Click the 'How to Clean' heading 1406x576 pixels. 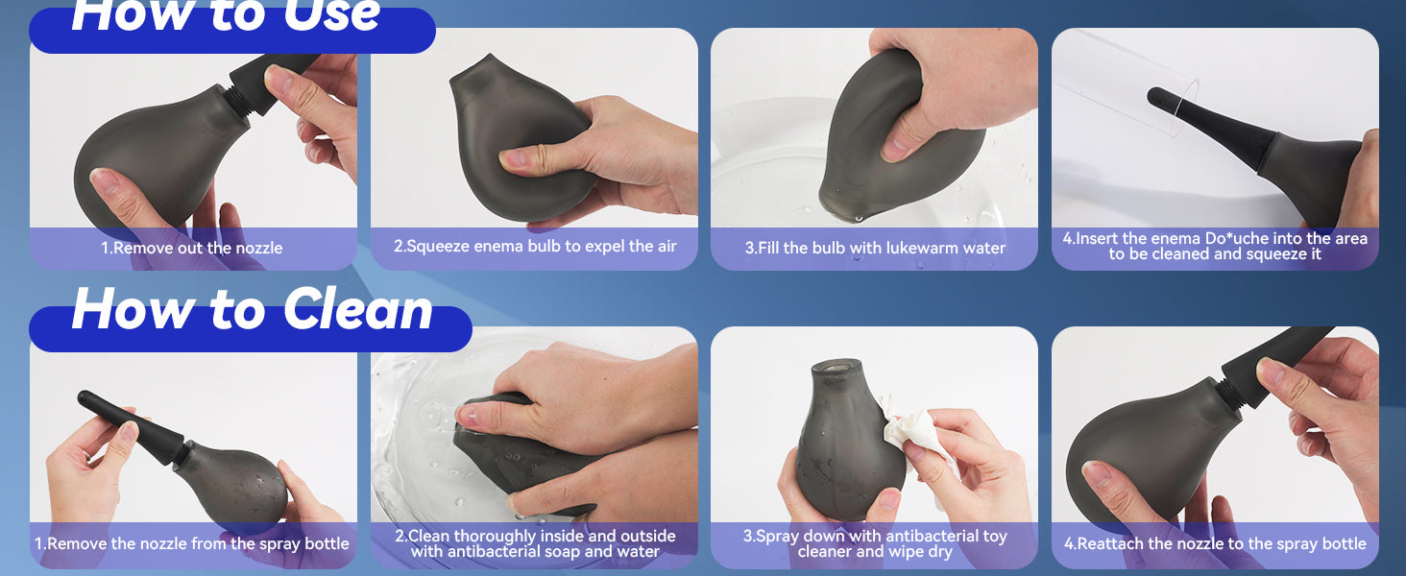click(253, 309)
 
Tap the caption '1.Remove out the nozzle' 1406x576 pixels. click(192, 248)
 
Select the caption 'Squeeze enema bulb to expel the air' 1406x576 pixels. click(542, 246)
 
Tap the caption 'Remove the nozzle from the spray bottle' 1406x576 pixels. click(199, 543)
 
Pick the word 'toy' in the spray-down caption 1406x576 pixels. click(994, 537)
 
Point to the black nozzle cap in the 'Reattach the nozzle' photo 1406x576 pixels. click(1274, 364)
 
